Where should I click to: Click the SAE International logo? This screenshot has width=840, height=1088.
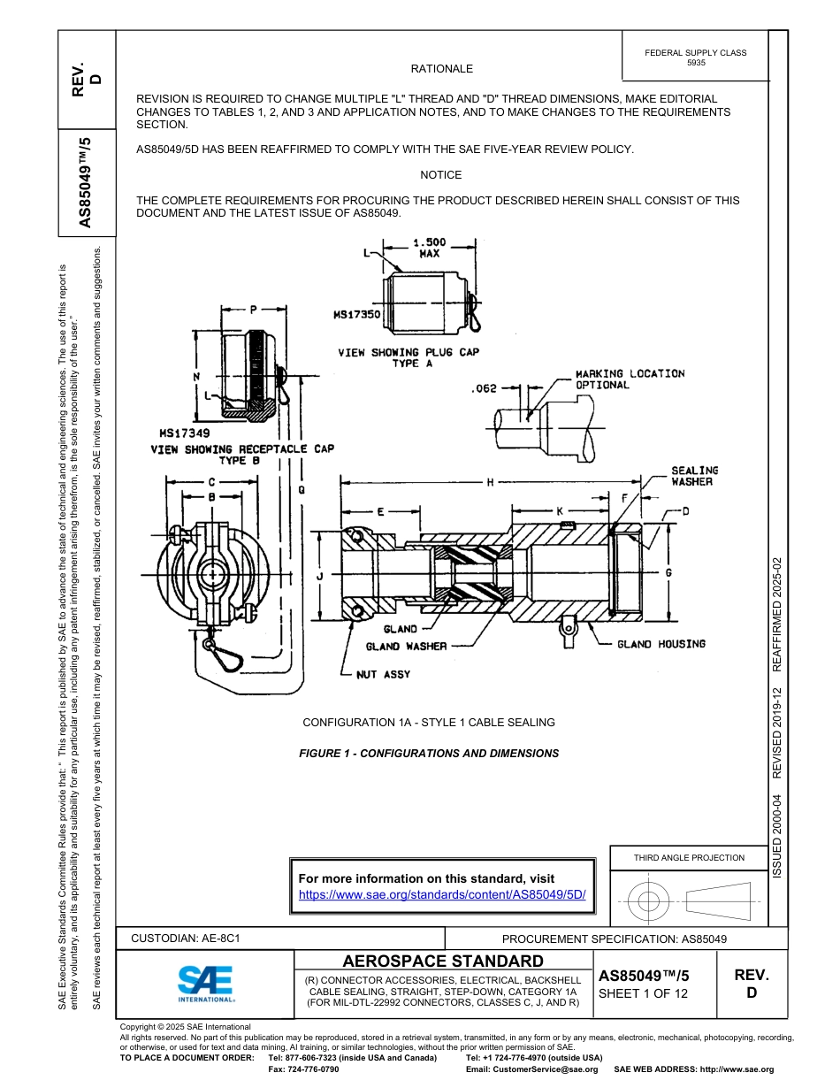pyautogui.click(x=206, y=983)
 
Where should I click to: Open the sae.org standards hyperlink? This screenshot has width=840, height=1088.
pyautogui.click(x=442, y=894)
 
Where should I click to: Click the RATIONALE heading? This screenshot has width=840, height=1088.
pyautogui.click(x=441, y=69)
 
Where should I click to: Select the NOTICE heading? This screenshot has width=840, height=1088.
pyautogui.click(x=440, y=175)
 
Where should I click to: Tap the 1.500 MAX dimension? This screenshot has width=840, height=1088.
pyautogui.click(x=430, y=247)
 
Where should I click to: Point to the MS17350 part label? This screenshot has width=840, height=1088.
pyautogui.click(x=356, y=314)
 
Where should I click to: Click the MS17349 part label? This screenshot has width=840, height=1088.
pyautogui.click(x=184, y=433)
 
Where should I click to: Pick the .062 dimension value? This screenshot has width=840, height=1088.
pyautogui.click(x=485, y=387)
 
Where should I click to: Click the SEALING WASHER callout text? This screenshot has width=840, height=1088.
pyautogui.click(x=694, y=476)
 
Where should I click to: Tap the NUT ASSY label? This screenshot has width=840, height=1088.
pyautogui.click(x=383, y=674)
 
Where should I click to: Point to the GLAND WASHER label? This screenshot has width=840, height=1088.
pyautogui.click(x=406, y=647)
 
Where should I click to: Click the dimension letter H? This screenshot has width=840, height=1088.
pyautogui.click(x=489, y=483)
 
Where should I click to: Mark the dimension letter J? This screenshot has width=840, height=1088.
pyautogui.click(x=319, y=576)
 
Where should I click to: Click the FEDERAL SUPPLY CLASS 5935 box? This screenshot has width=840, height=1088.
pyautogui.click(x=695, y=57)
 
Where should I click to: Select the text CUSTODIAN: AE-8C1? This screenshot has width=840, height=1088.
pyautogui.click(x=186, y=938)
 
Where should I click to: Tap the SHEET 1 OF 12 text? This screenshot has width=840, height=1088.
pyautogui.click(x=643, y=992)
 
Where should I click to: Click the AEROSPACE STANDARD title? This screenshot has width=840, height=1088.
pyautogui.click(x=443, y=961)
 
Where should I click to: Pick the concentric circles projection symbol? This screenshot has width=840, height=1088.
pyautogui.click(x=649, y=901)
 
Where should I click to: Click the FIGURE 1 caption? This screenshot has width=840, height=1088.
pyautogui.click(x=429, y=754)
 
